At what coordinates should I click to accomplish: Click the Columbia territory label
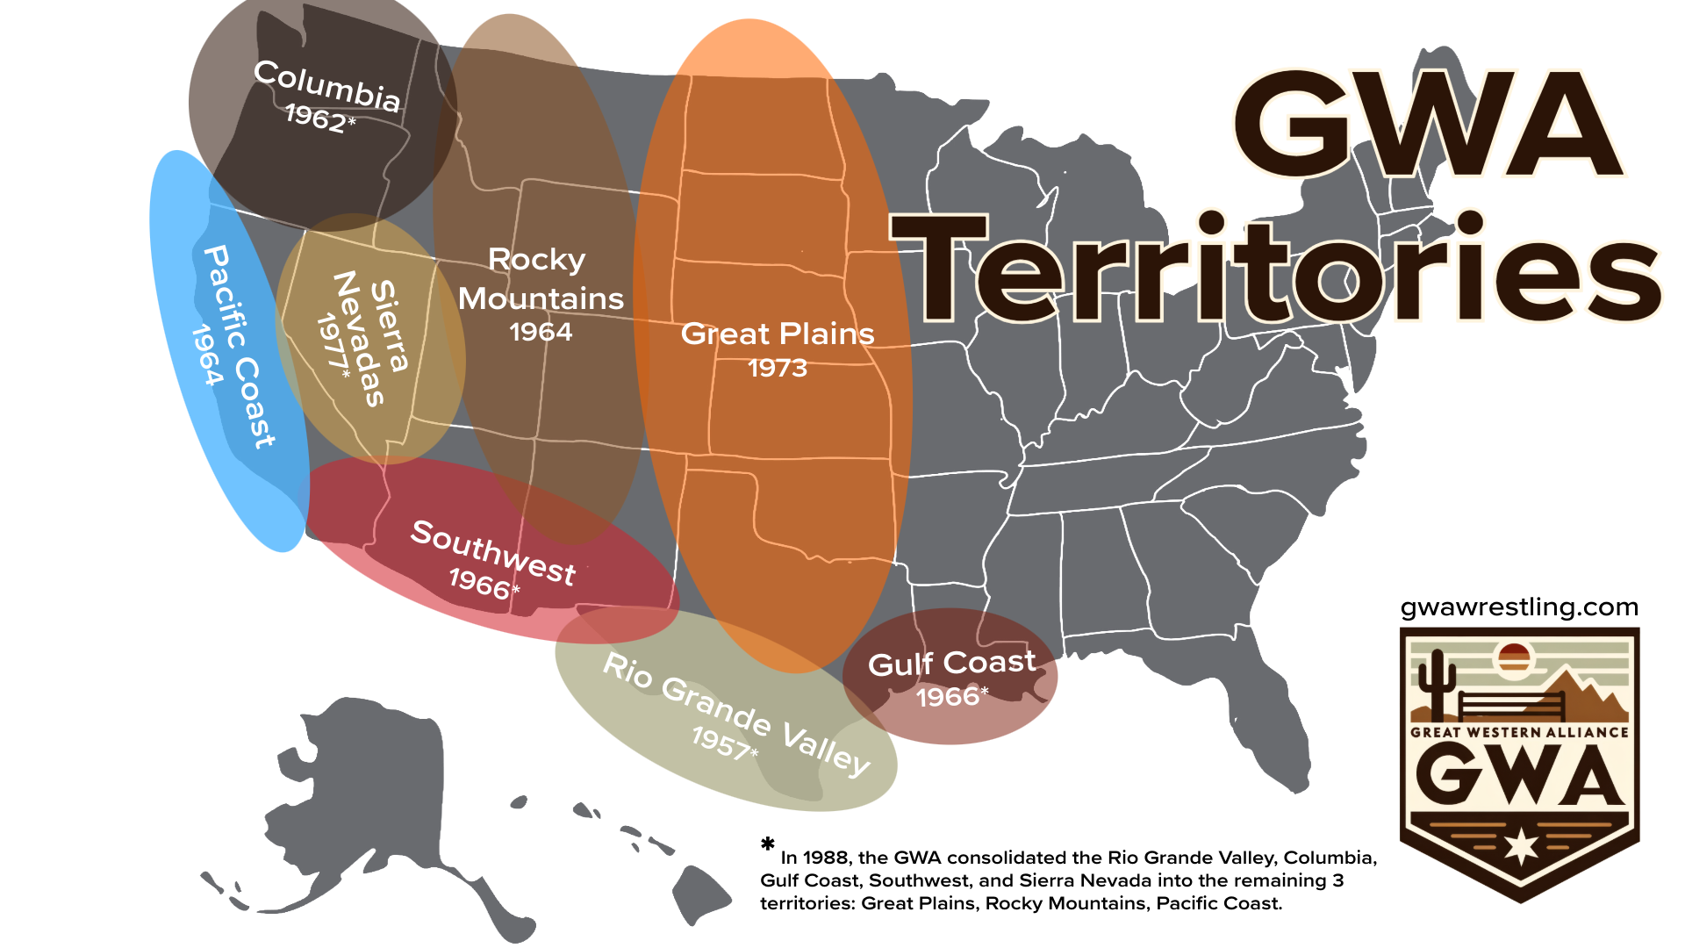[326, 86]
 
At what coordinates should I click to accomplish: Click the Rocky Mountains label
[541, 279]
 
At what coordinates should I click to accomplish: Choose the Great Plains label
[778, 334]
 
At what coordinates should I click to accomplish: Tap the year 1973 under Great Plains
[778, 368]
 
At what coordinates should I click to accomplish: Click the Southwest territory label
[493, 551]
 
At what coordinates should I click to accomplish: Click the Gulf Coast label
[952, 664]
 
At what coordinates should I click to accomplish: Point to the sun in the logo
[1515, 657]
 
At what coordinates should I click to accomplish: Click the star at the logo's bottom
[1521, 846]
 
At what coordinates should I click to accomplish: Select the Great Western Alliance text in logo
[1519, 732]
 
